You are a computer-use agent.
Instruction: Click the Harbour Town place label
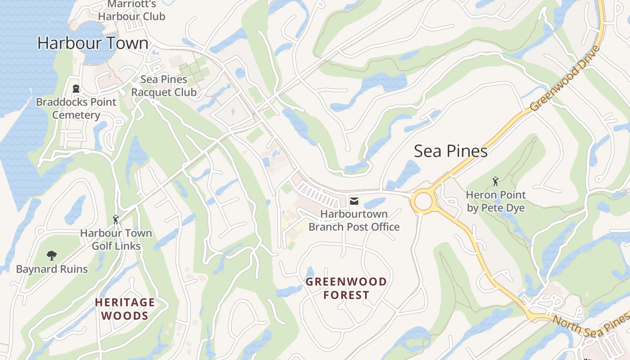point(93,43)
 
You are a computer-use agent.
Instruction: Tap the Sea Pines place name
point(450,151)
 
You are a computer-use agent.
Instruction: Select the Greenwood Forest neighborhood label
point(346,288)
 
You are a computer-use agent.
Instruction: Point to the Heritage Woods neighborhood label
point(125,309)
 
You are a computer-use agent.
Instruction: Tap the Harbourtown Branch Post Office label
point(354,220)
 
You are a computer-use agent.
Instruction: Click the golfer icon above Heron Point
point(495,181)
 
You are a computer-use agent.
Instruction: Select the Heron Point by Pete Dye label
point(495,201)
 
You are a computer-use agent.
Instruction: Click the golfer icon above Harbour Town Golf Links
point(116,220)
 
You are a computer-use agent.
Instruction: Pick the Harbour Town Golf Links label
point(116,240)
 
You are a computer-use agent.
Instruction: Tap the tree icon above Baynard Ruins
point(52,256)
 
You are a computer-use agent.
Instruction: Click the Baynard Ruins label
point(52,270)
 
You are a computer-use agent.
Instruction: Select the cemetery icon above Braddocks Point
point(76,89)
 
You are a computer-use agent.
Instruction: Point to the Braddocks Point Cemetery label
point(76,108)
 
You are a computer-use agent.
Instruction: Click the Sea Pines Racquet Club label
point(164,86)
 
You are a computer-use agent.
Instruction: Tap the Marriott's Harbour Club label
point(132,10)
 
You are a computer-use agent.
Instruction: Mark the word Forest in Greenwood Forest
point(346,295)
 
